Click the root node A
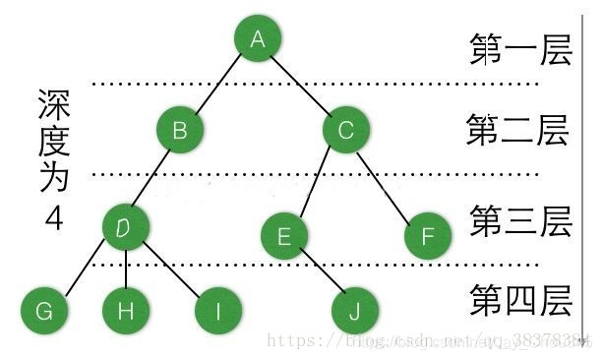click(259, 39)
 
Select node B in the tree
click(179, 129)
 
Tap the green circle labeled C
click(344, 129)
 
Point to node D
click(126, 227)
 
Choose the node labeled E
click(285, 236)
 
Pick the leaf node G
click(44, 312)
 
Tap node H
click(126, 312)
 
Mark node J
click(355, 312)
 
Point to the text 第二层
click(517, 131)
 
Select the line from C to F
click(387, 183)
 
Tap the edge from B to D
click(152, 178)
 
